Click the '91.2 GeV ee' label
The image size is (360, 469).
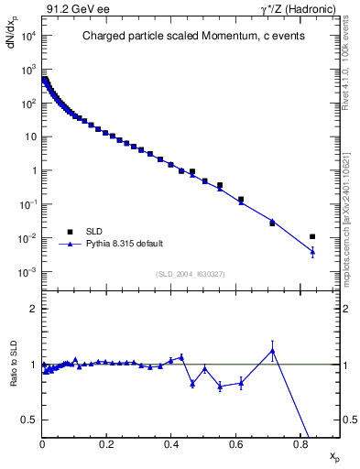coord(74,8)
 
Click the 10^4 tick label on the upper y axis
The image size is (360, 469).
coord(27,36)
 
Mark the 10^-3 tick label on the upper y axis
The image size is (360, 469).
coord(27,272)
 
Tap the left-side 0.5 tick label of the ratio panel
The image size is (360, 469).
coord(30,420)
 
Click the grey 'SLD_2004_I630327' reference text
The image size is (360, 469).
coord(191,274)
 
